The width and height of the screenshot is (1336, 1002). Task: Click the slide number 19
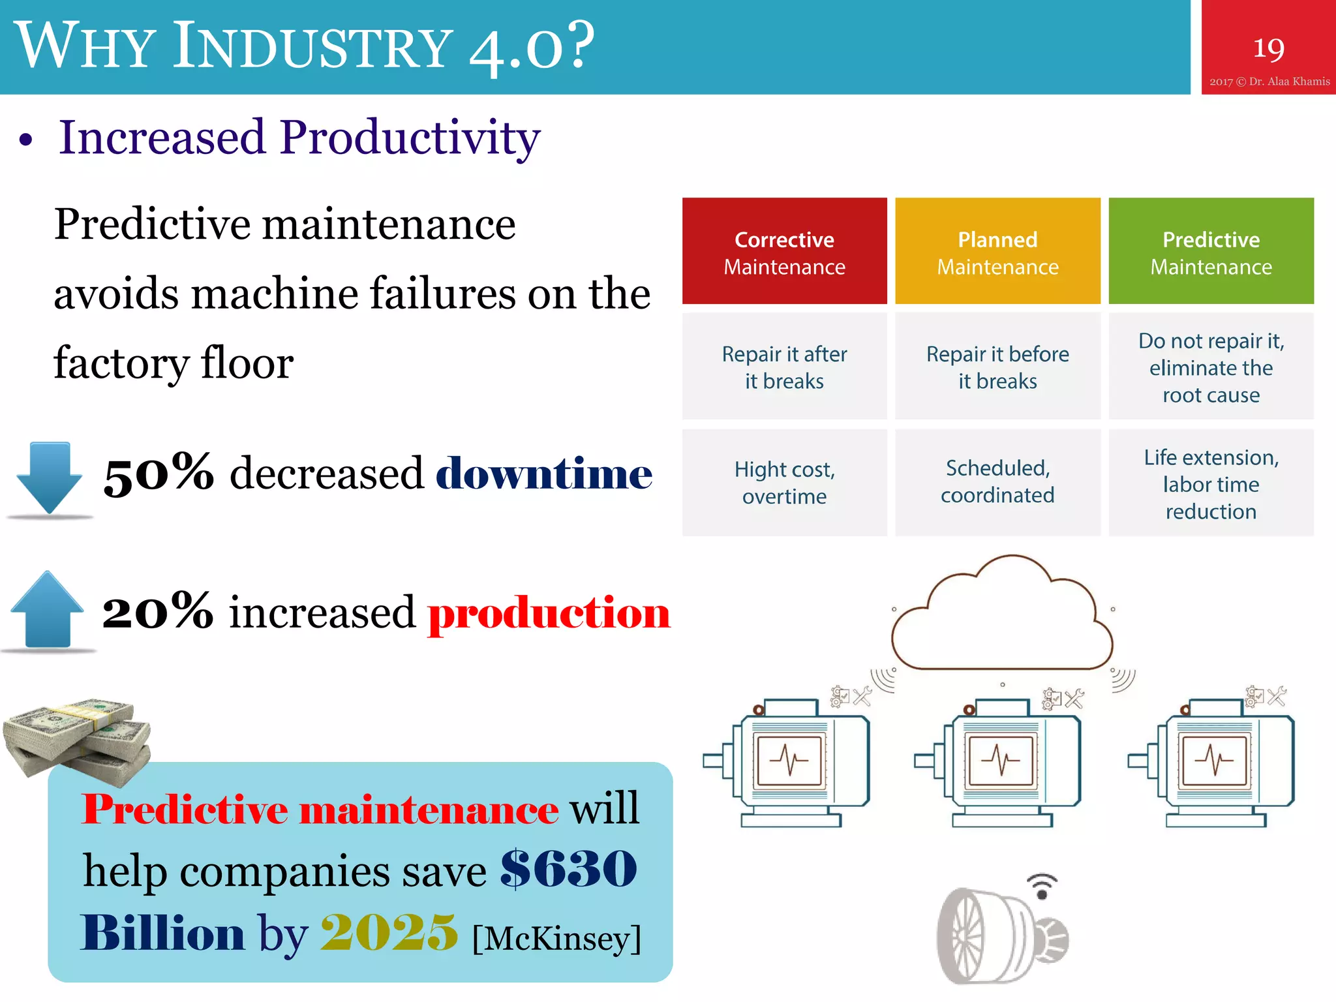pyautogui.click(x=1268, y=49)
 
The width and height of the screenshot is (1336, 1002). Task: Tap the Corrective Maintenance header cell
pyautogui.click(x=784, y=251)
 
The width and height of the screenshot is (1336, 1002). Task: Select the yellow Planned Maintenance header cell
pyautogui.click(x=997, y=251)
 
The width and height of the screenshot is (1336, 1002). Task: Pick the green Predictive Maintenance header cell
pyautogui.click(x=1211, y=251)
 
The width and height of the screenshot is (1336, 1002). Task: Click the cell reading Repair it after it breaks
pyautogui.click(x=784, y=367)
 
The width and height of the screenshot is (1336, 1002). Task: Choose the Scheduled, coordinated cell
pyautogui.click(x=997, y=482)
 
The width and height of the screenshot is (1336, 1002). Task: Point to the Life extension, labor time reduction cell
pyautogui.click(x=1211, y=483)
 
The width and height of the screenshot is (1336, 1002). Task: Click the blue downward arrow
pyautogui.click(x=49, y=479)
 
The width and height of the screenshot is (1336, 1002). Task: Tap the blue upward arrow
pyautogui.click(x=47, y=610)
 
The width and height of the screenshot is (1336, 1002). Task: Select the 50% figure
pyautogui.click(x=159, y=472)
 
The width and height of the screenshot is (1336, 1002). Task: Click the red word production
pyautogui.click(x=549, y=613)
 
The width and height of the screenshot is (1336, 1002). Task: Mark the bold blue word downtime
pyautogui.click(x=543, y=472)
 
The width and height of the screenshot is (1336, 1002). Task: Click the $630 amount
pyautogui.click(x=568, y=869)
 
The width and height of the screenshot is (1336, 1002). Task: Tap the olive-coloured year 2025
pyautogui.click(x=389, y=932)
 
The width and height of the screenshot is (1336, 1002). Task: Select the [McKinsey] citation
pyautogui.click(x=556, y=939)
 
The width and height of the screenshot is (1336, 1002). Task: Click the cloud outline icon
pyautogui.click(x=1002, y=616)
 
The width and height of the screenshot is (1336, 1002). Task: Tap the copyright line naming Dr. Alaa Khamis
pyautogui.click(x=1269, y=82)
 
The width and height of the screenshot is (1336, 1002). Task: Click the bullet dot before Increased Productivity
pyautogui.click(x=25, y=140)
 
